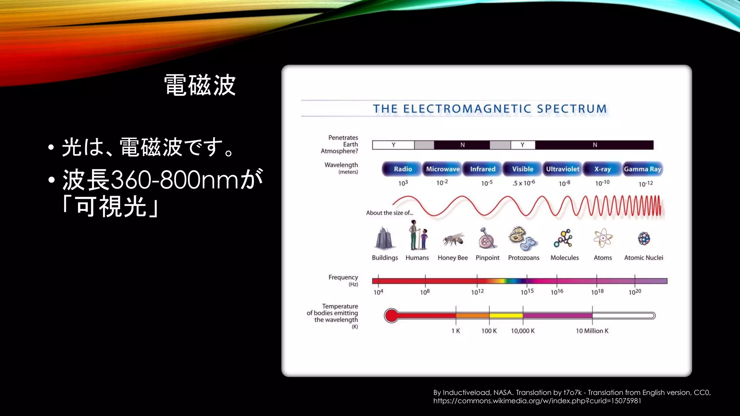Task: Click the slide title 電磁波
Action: point(200,85)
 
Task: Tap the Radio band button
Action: point(402,169)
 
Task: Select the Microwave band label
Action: point(443,169)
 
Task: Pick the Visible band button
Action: point(522,169)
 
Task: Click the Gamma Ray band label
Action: point(642,169)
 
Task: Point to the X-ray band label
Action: point(602,169)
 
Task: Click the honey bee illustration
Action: point(453,239)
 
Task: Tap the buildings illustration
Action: point(384,239)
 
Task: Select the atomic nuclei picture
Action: point(644,238)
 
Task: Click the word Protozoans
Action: point(524,258)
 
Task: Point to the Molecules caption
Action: point(564,258)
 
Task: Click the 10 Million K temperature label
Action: point(592,331)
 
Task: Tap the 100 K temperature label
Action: point(489,331)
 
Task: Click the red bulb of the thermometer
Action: point(391,316)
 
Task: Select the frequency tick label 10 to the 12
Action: point(477,292)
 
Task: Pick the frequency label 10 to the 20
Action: point(634,292)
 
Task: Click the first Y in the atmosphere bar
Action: point(393,145)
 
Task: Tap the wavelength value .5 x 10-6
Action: point(524,183)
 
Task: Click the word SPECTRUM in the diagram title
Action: point(572,109)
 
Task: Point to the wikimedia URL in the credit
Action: point(537,401)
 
